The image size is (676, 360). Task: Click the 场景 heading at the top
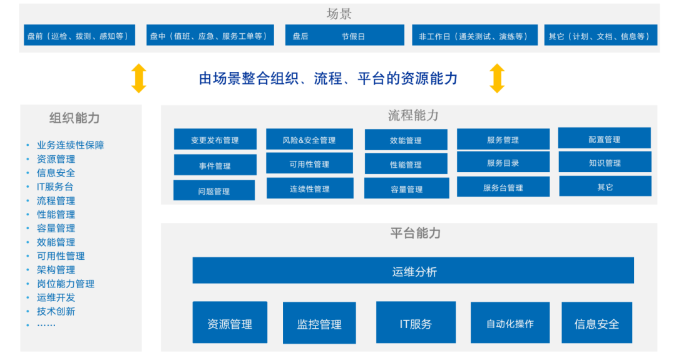[339, 14]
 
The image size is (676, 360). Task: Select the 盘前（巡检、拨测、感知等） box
[78, 36]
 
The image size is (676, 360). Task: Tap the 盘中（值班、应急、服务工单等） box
[210, 36]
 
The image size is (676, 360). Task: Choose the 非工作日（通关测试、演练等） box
[473, 36]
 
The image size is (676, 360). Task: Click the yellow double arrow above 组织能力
[138, 78]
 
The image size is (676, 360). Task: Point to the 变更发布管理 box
[215, 140]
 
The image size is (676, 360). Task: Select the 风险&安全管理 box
[309, 140]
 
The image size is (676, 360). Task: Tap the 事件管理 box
[215, 165]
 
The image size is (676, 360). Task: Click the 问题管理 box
[214, 191]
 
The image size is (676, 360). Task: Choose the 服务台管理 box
[503, 187]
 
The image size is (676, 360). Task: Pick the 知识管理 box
[605, 163]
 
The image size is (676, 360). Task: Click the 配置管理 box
[604, 139]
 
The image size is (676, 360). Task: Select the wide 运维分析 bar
[413, 271]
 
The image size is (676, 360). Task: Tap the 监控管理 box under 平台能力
[319, 324]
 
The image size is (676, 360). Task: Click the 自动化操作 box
[510, 323]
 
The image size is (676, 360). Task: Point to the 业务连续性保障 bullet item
[70, 145]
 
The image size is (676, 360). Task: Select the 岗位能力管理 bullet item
[65, 284]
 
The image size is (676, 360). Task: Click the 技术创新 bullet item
[56, 311]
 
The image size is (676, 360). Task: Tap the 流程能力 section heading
[413, 115]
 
